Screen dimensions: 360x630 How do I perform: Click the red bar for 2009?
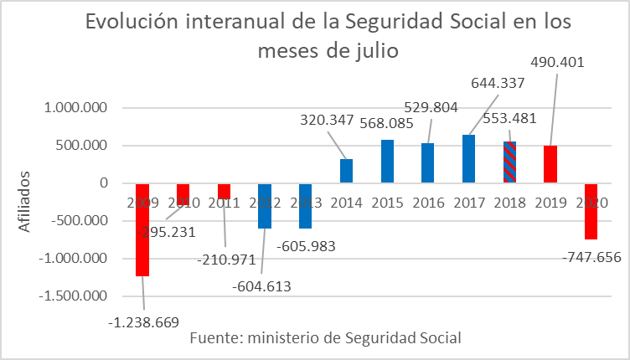coord(142,229)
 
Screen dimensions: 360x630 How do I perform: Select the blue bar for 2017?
coord(468,159)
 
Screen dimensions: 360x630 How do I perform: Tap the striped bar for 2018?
coord(509,162)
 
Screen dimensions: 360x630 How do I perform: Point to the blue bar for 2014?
coord(346,171)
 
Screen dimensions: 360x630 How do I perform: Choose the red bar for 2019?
coord(550,164)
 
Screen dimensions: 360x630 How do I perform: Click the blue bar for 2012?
coord(265,206)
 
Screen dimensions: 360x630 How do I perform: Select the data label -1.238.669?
coord(144,321)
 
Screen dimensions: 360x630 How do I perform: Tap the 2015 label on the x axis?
coord(387,203)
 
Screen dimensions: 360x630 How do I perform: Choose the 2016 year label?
coord(428,203)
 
